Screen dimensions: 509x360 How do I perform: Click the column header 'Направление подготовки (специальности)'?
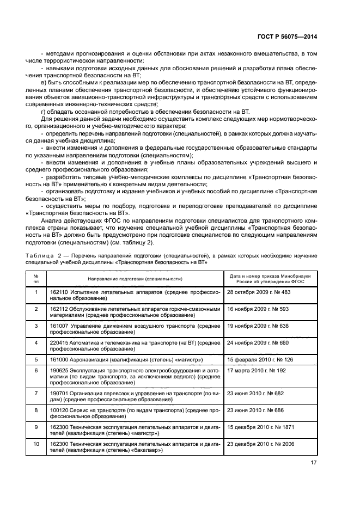135,279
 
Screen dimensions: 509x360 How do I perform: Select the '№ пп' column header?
36,279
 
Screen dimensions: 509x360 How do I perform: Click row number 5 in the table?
36,359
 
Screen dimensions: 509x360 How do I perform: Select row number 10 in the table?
36,444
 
